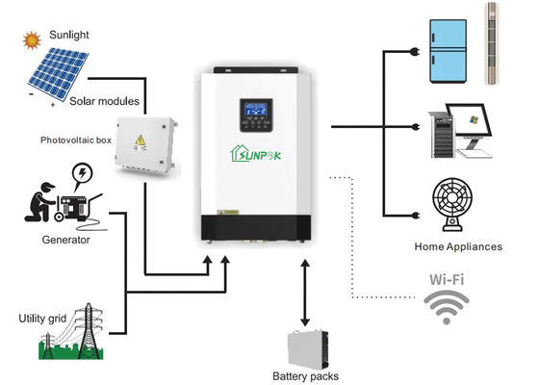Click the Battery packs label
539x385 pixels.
tap(305, 376)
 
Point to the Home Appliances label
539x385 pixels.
tap(457, 246)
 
